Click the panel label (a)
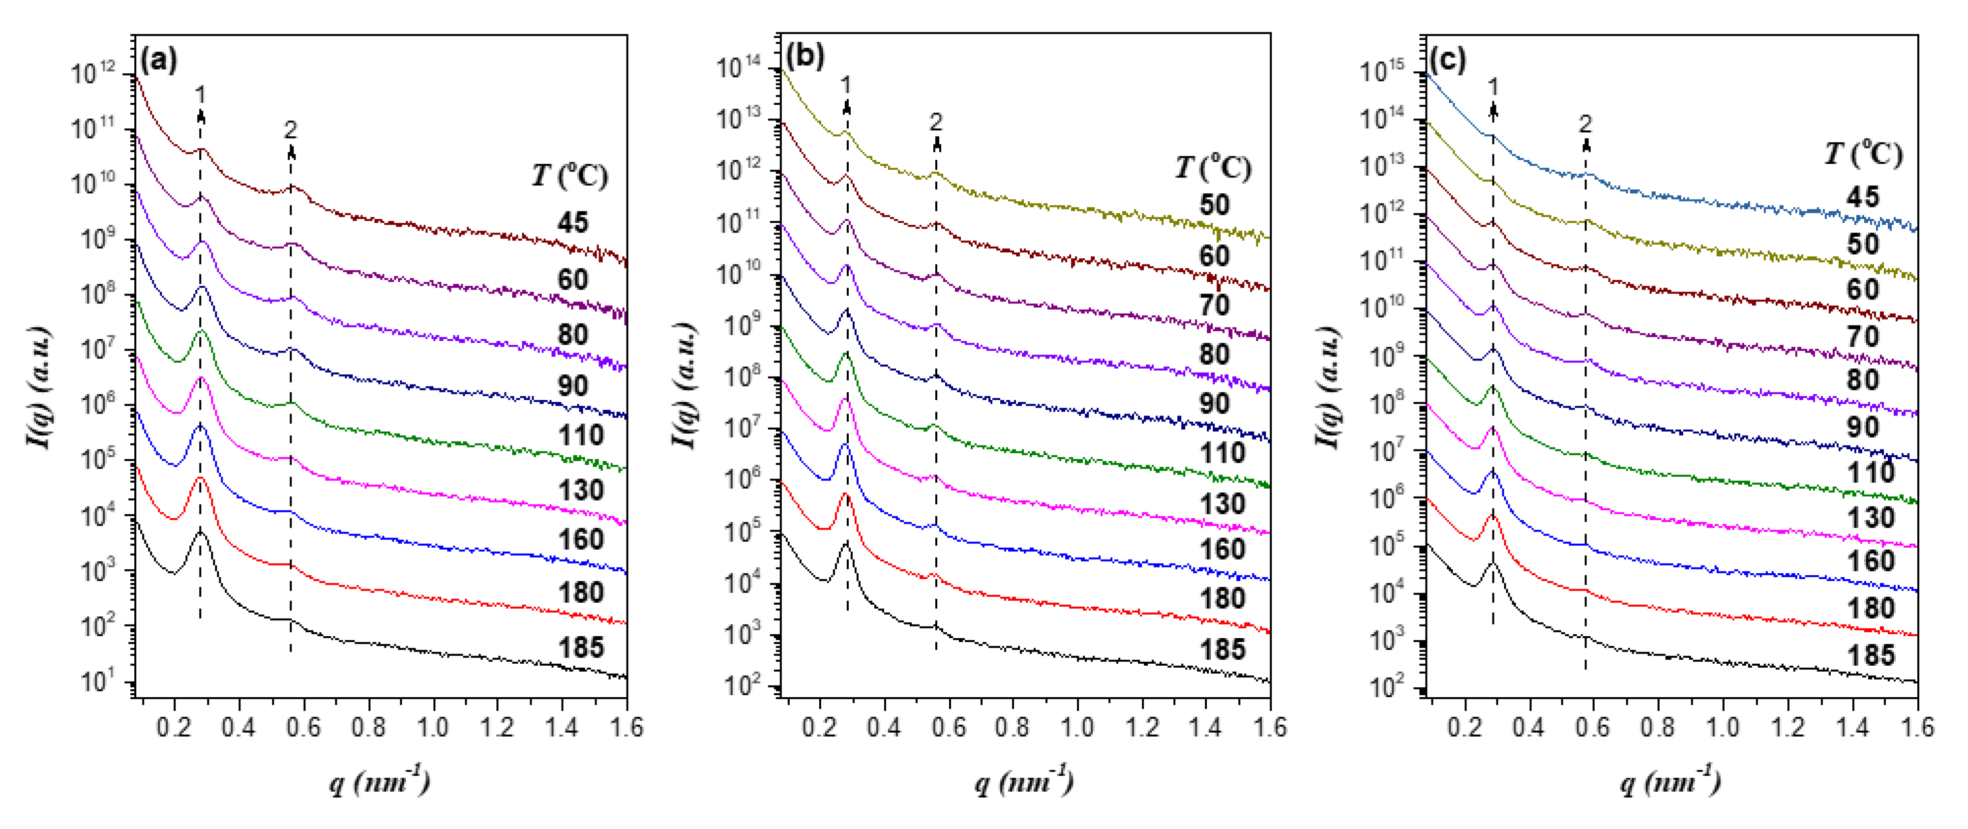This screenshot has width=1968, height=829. [x=159, y=59]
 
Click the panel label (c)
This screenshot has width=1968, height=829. [x=1448, y=59]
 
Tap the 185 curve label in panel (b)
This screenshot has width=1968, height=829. [x=1223, y=650]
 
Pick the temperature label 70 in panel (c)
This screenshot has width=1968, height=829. [x=1863, y=336]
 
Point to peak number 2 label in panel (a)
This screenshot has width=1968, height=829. [x=290, y=130]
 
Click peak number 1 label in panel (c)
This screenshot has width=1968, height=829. [x=1493, y=87]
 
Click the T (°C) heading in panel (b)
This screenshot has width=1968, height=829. [x=1213, y=167]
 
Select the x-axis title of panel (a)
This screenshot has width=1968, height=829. [x=379, y=781]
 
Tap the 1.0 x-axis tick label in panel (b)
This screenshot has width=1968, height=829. [x=1077, y=727]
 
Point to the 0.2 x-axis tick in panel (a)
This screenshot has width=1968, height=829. [x=174, y=727]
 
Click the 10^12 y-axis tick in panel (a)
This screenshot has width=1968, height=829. [x=93, y=73]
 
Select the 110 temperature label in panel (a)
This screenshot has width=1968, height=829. [x=581, y=436]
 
